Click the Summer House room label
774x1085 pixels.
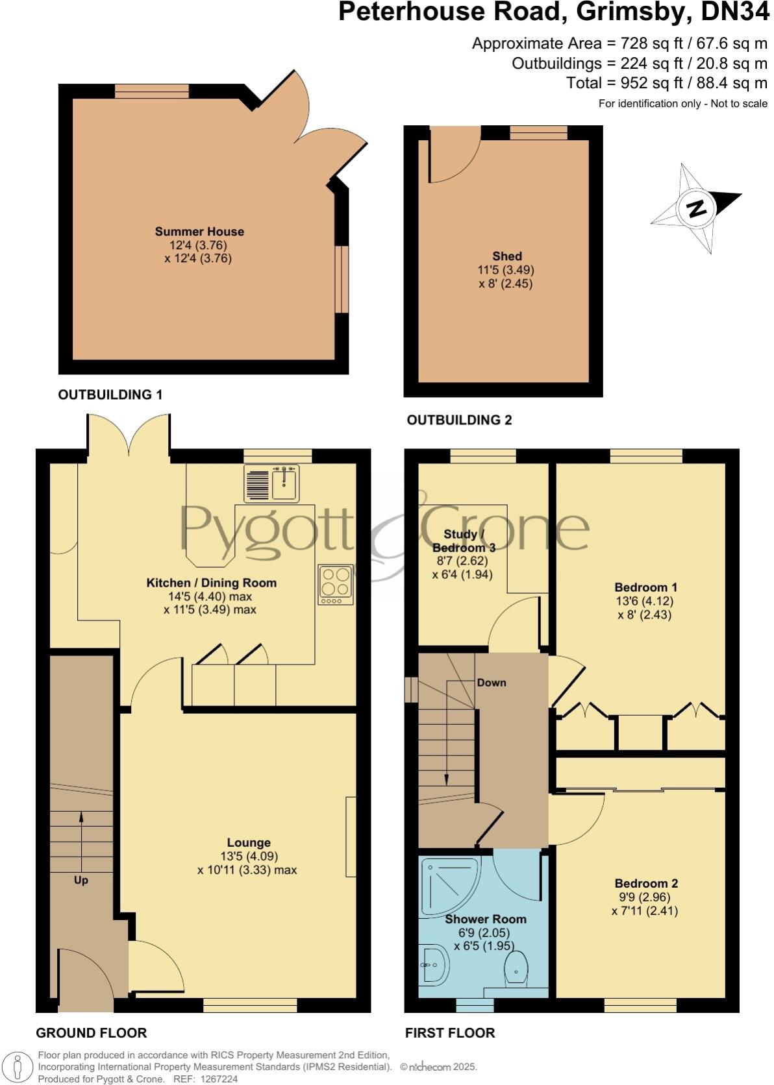click(199, 232)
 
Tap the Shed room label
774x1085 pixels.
click(506, 256)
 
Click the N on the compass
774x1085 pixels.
click(697, 209)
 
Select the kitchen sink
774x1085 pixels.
click(284, 483)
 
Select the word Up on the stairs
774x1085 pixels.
click(81, 881)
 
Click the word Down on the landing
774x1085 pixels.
click(492, 683)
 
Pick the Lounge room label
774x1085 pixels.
click(249, 843)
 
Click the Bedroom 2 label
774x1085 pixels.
click(646, 883)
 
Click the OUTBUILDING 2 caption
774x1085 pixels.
click(459, 420)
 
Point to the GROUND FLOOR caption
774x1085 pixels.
click(91, 1032)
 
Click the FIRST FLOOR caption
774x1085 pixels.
click(450, 1032)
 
